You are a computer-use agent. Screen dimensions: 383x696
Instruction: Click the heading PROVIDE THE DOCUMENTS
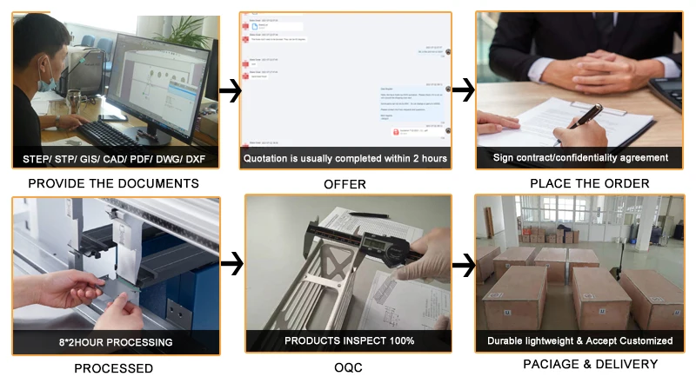pos(113,183)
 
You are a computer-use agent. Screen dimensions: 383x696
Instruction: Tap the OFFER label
pos(345,184)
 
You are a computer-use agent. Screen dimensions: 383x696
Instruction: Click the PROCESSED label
pos(113,368)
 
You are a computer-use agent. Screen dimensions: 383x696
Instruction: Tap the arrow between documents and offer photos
pos(230,90)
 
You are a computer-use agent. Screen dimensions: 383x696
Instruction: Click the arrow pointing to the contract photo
pos(464,89)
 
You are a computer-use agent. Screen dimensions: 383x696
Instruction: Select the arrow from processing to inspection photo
pos(231,262)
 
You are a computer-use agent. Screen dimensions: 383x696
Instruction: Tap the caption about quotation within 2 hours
pos(345,158)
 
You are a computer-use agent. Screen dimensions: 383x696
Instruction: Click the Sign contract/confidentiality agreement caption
pos(580,157)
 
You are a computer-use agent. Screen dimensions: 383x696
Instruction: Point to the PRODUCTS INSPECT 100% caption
pos(349,340)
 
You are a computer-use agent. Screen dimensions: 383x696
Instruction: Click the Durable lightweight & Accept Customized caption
pos(579,340)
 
